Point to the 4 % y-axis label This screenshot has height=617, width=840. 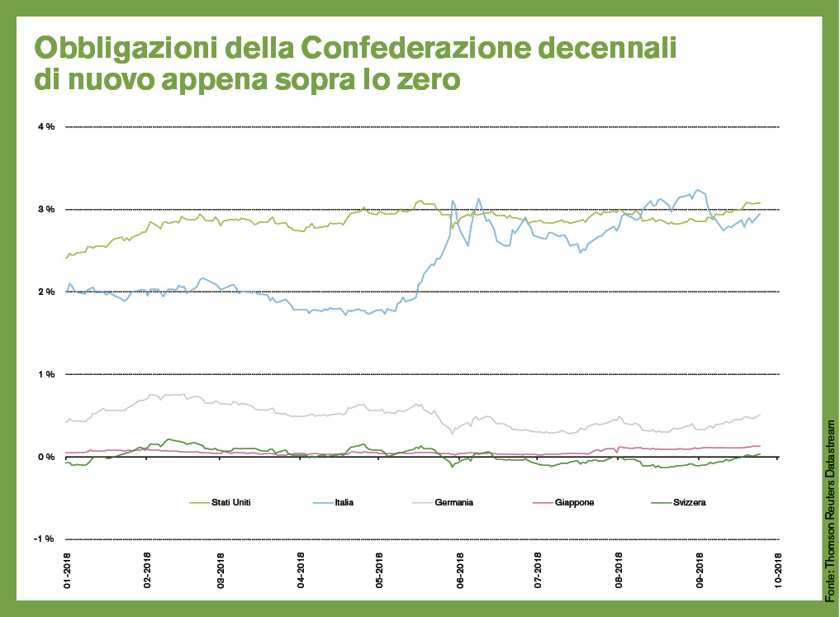point(45,126)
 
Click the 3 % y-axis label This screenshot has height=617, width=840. point(45,209)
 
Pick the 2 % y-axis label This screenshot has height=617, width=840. point(45,292)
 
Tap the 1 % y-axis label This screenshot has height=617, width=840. point(45,374)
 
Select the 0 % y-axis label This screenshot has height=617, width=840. point(45,457)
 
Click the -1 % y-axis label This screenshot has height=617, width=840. point(44,539)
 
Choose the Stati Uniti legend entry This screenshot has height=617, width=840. point(231,501)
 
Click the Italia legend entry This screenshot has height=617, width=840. point(346,501)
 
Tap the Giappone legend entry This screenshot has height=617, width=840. point(576,501)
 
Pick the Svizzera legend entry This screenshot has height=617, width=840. point(688,501)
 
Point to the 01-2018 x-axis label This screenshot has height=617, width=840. point(67,571)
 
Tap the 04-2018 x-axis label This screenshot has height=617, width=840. point(301,571)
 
